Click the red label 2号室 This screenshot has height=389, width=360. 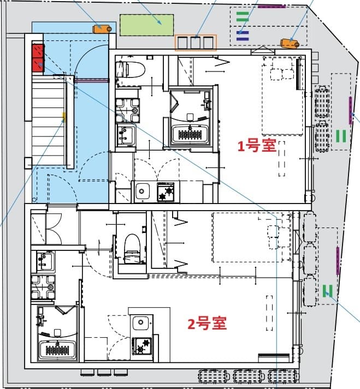tap(207, 324)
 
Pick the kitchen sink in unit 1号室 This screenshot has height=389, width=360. tap(143, 191)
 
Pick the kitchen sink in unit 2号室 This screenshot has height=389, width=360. tap(141, 324)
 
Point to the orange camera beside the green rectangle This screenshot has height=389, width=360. tap(102, 28)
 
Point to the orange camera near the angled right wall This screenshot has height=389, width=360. tap(289, 43)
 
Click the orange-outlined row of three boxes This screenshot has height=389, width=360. tap(196, 43)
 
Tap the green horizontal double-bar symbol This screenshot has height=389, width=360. tap(243, 16)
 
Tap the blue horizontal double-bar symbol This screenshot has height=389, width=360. tap(243, 35)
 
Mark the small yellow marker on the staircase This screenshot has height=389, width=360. tap(64, 116)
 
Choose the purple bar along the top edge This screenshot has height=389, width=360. tap(272, 6)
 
